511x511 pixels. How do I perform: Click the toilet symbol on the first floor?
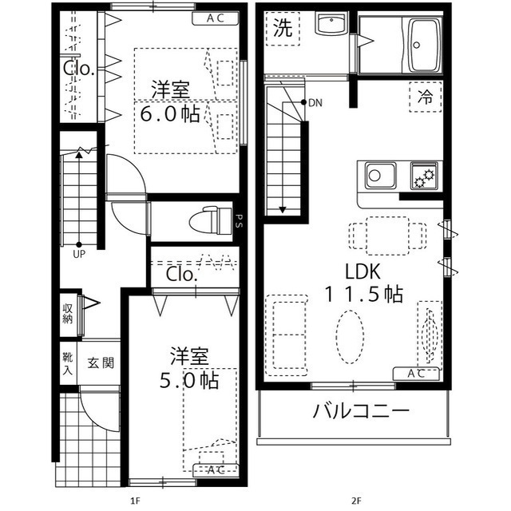[208, 216]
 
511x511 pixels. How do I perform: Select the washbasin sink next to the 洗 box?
[328, 25]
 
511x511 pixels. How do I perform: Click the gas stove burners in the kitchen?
[422, 174]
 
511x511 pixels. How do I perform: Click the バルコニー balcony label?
[361, 412]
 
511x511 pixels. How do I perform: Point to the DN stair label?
[315, 103]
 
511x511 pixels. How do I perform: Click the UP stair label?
[79, 255]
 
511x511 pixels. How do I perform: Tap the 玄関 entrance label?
[101, 363]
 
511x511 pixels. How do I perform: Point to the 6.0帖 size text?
[170, 114]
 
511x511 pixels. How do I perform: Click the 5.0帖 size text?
[189, 381]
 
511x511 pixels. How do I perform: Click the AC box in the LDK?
[416, 373]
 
